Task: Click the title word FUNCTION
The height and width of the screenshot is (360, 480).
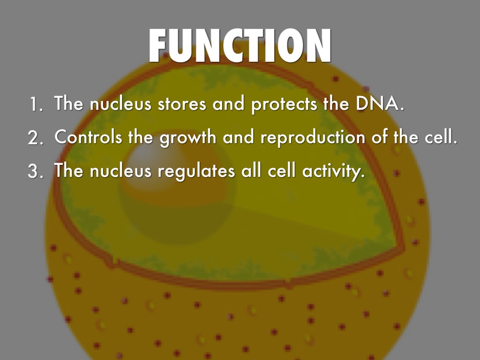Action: (240, 46)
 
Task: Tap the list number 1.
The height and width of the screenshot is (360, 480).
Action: (36, 105)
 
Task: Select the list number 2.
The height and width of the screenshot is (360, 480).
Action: (35, 138)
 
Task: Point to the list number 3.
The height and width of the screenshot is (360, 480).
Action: (35, 171)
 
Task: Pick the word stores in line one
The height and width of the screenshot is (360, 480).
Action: (182, 104)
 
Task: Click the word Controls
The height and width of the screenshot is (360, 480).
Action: (88, 136)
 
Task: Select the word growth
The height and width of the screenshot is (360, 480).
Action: (188, 137)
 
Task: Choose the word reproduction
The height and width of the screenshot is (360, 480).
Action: (313, 137)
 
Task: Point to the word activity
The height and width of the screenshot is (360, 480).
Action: (334, 171)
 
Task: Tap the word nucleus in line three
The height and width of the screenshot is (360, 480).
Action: (120, 171)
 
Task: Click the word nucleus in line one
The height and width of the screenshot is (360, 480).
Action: (120, 104)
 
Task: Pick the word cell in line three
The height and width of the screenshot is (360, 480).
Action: (282, 171)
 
